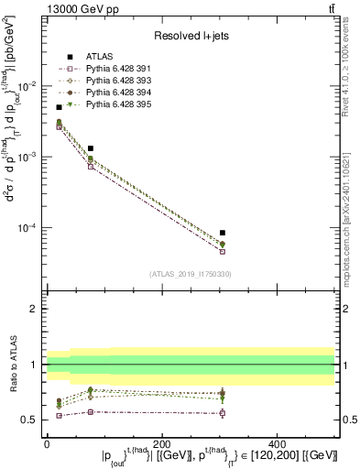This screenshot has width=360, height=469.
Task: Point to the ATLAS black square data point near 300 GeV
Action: (x=223, y=233)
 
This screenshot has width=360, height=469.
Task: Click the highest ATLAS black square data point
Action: (x=60, y=107)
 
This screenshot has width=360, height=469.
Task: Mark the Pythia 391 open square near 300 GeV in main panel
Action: (x=223, y=251)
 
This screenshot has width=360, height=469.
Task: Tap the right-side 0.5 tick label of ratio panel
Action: (x=346, y=420)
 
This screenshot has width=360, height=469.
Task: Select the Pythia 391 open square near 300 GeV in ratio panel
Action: (x=223, y=413)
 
